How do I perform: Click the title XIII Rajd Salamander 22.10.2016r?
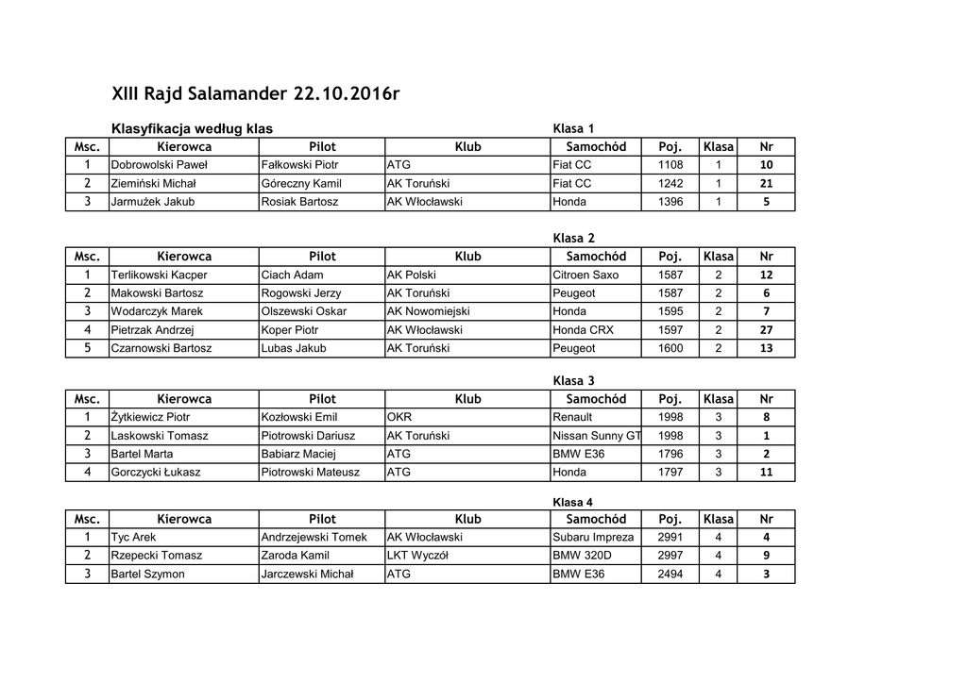click(x=255, y=93)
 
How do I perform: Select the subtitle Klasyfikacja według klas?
click(x=192, y=128)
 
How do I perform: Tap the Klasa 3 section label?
click(x=573, y=381)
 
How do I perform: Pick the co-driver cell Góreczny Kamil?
click(x=301, y=184)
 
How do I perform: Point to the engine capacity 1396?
click(x=670, y=202)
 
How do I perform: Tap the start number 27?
click(x=766, y=330)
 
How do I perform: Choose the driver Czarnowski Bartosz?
click(x=161, y=348)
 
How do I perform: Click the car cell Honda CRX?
click(x=583, y=330)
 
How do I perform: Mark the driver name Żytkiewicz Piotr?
click(x=150, y=417)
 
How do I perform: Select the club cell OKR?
click(x=400, y=417)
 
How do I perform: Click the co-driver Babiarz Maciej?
click(x=298, y=454)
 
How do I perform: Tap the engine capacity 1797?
click(x=670, y=472)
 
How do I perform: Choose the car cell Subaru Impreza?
click(x=594, y=538)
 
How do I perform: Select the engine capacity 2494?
click(x=670, y=574)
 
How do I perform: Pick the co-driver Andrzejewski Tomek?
click(x=314, y=538)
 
